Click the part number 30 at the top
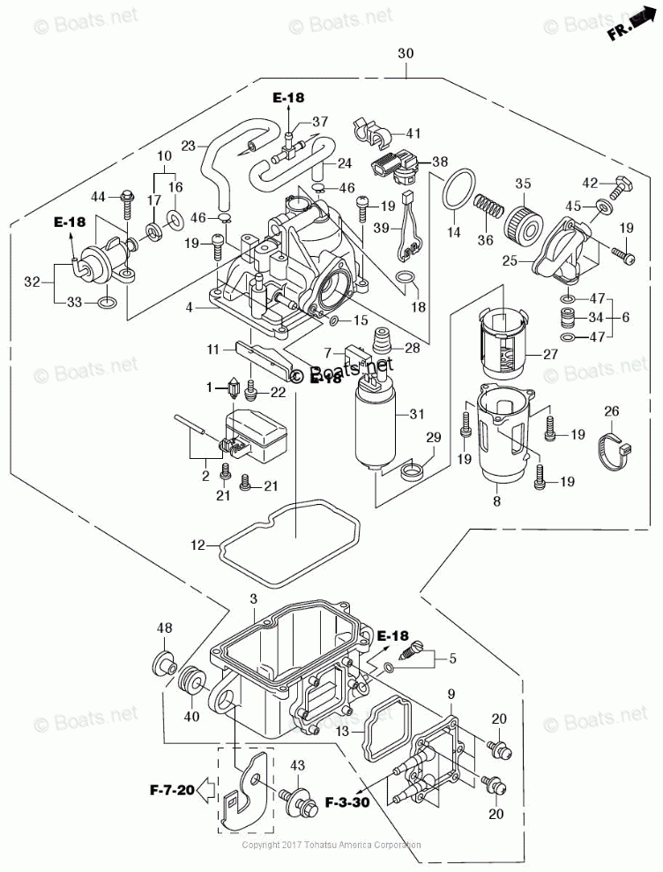[405, 54]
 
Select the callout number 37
[318, 122]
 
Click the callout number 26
[611, 410]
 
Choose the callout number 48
[164, 628]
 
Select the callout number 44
[98, 195]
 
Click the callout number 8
[496, 502]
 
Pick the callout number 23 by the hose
[188, 147]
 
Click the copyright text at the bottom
[331, 845]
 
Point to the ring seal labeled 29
[411, 472]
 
